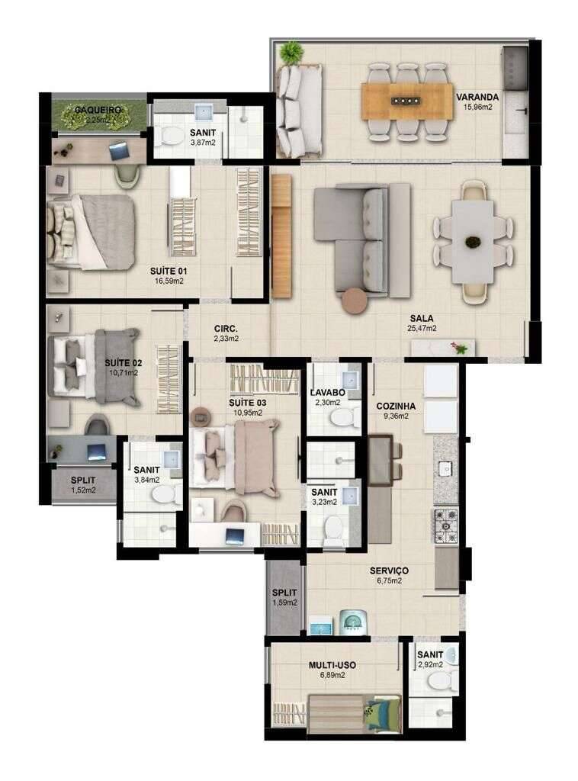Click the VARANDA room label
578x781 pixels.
[477, 97]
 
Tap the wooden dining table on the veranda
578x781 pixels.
[407, 101]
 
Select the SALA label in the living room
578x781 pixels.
[422, 318]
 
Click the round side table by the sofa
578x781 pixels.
[355, 301]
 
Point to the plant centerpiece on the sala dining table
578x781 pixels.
[472, 242]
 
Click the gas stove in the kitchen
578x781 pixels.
[446, 525]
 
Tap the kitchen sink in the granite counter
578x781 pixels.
[445, 469]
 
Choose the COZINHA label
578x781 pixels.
[396, 406]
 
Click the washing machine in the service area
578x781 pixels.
[354, 622]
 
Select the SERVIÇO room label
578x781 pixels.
[390, 570]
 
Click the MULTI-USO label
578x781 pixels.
[332, 665]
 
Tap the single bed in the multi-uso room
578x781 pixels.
[355, 714]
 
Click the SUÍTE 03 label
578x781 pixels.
[247, 403]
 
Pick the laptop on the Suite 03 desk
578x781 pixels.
[235, 536]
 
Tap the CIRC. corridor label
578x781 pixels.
[226, 329]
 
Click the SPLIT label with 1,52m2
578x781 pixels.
[82, 480]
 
